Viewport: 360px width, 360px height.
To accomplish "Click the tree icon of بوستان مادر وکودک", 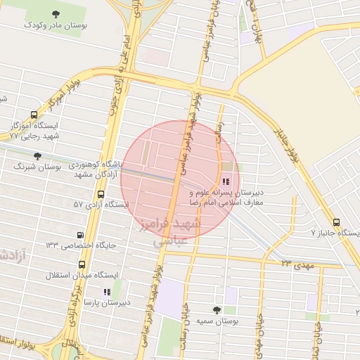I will tap(56, 13).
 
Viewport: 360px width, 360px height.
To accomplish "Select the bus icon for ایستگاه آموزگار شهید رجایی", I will tap(34, 115).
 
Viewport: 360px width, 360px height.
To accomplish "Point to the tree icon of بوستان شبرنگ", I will tap(37, 156).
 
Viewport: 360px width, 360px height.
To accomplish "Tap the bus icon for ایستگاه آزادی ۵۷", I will tap(101, 194).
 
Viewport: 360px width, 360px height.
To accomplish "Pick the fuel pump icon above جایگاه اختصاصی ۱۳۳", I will tap(79, 236).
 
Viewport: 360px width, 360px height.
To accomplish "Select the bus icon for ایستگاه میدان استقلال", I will tap(82, 265).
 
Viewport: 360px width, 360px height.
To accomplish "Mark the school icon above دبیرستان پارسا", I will tap(106, 291).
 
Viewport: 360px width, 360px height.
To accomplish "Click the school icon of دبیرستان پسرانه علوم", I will tap(225, 181).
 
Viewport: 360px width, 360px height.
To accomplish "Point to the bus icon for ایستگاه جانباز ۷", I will tap(336, 222).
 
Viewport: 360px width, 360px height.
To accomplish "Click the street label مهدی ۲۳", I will tap(296, 263).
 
